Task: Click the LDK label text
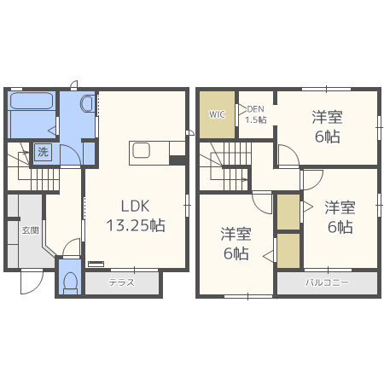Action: click(x=135, y=207)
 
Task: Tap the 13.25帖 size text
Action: click(x=136, y=225)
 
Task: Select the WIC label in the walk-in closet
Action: click(x=217, y=114)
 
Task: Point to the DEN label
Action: click(x=256, y=109)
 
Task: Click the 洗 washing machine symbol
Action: click(x=43, y=152)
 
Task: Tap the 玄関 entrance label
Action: click(x=31, y=230)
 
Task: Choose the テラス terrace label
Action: click(x=121, y=282)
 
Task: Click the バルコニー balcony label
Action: click(x=327, y=282)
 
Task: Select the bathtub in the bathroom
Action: click(x=32, y=101)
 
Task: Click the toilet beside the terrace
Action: click(x=70, y=282)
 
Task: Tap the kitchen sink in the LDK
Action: click(x=142, y=150)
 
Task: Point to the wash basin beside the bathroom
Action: click(x=87, y=104)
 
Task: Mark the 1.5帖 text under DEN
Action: click(x=256, y=119)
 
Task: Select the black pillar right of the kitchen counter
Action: click(x=177, y=160)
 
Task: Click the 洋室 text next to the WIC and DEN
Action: click(x=327, y=117)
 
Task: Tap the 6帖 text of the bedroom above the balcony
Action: click(x=340, y=227)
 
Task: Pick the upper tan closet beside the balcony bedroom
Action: click(x=288, y=212)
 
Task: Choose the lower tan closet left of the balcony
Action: click(x=288, y=251)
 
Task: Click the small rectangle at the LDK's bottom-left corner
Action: click(x=96, y=264)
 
